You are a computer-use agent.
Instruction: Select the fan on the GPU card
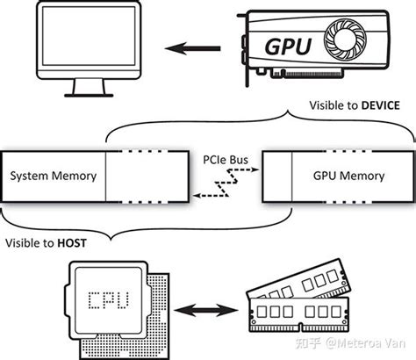[344, 40]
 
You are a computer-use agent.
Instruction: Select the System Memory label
[53, 176]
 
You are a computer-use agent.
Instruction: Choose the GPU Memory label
[348, 176]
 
